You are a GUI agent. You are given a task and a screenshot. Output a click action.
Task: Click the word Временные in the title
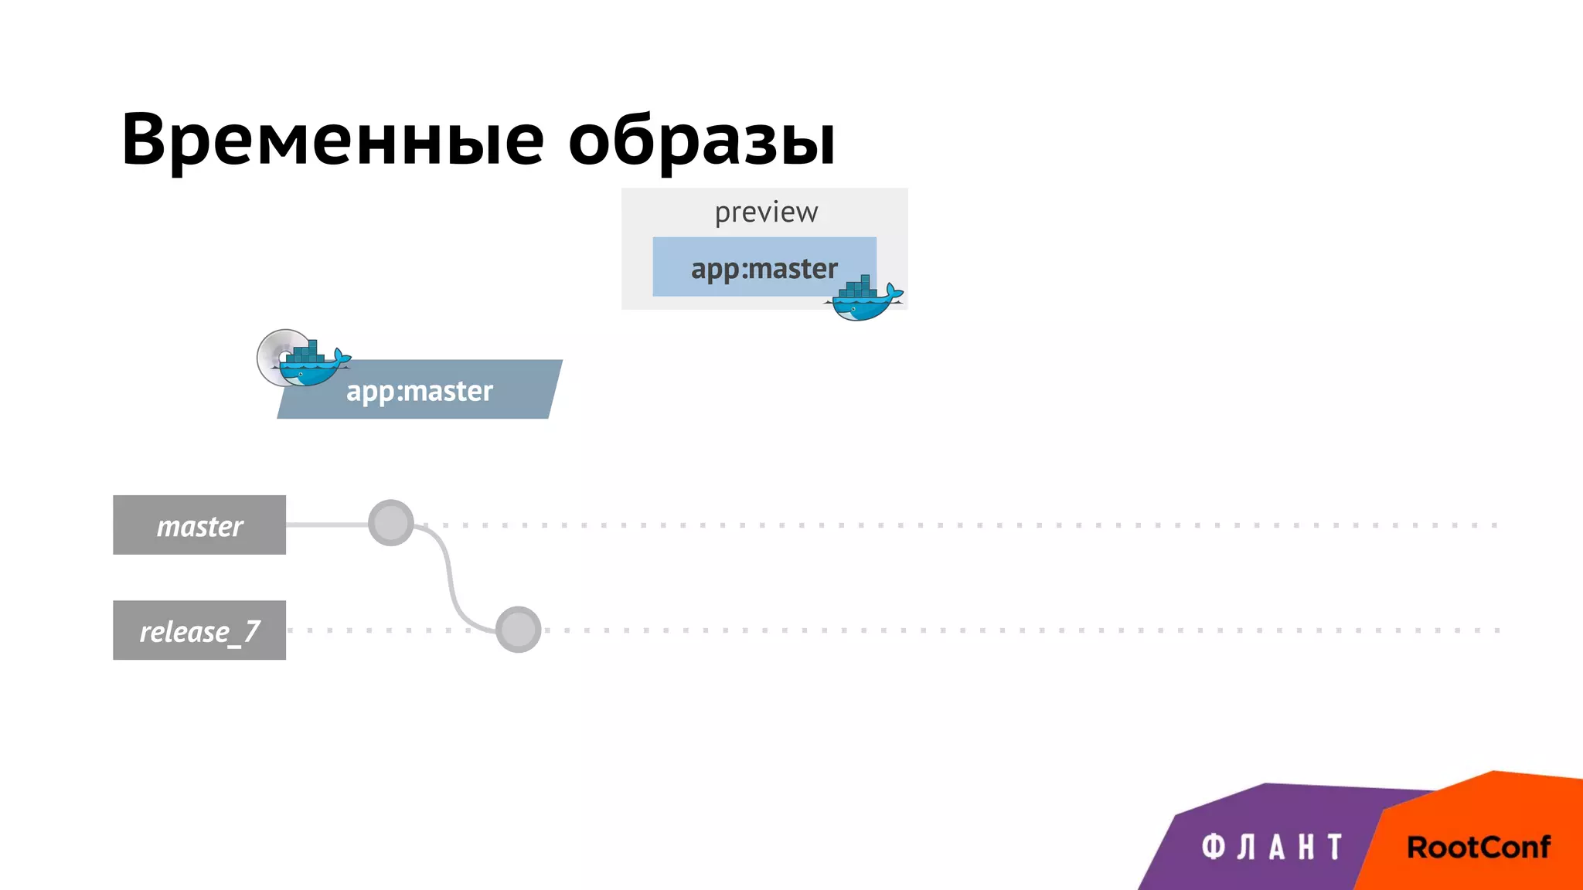coord(332,140)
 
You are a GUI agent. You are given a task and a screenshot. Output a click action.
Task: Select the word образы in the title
coord(702,140)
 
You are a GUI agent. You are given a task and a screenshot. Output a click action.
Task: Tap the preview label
coord(765,212)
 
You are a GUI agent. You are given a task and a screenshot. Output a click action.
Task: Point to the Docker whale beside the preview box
coord(863,302)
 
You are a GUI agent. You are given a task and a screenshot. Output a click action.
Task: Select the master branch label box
coord(199,525)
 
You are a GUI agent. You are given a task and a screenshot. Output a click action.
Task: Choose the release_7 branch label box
coord(199,630)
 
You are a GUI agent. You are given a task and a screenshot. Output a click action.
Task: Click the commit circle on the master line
coord(391,523)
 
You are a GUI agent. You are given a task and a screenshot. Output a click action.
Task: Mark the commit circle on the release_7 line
coord(518,630)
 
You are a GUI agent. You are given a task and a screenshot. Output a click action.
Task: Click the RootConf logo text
coord(1478,848)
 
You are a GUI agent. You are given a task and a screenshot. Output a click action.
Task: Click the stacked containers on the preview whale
coord(859,288)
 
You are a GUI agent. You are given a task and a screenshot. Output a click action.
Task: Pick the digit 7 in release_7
coord(251,631)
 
